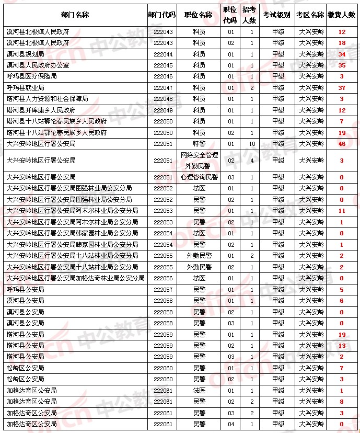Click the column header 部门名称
tap(75, 15)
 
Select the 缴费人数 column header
tap(342, 15)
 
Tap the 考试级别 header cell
tap(276, 15)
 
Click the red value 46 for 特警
tap(342, 144)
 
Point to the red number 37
tap(342, 88)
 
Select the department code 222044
tap(161, 54)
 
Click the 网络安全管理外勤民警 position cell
tap(199, 161)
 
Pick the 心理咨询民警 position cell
tap(199, 177)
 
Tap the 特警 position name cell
tap(199, 144)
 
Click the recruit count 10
tap(251, 144)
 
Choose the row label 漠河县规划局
tap(25, 54)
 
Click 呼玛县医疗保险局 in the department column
tap(31, 76)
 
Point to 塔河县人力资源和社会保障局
tap(47, 99)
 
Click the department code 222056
tap(161, 278)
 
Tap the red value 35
tap(342, 65)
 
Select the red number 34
tap(342, 54)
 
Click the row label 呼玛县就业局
tap(25, 88)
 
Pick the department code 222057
tap(161, 289)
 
